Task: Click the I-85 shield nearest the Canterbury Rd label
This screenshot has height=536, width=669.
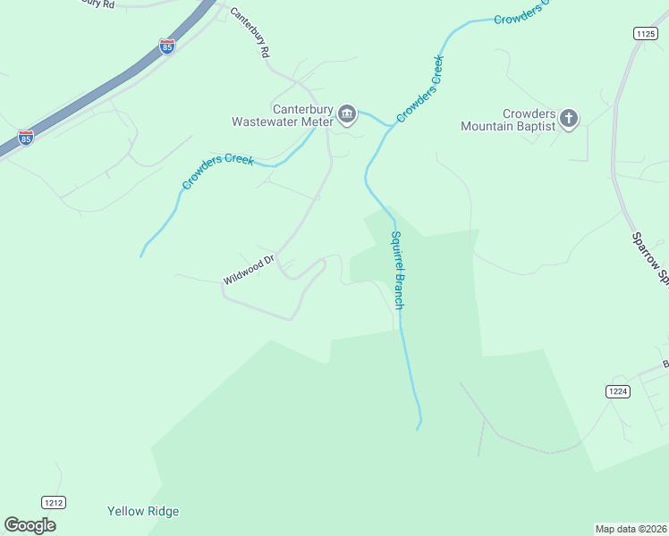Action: tap(167, 46)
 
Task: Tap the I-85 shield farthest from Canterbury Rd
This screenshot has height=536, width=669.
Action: tap(26, 138)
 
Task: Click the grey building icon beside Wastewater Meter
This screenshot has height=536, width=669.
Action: tap(347, 114)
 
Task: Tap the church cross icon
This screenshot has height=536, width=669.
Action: tap(569, 118)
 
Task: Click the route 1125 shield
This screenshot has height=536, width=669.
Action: tap(645, 33)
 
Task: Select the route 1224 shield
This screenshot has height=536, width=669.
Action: tap(617, 390)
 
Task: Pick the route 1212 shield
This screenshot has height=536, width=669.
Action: tap(53, 503)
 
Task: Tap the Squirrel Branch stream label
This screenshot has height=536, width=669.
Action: tap(398, 270)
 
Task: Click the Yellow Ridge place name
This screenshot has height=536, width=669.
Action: tap(143, 512)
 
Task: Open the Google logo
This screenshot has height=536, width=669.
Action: tap(30, 525)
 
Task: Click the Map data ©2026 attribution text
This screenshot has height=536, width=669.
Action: tap(631, 529)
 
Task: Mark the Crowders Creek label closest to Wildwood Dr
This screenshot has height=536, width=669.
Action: tap(218, 172)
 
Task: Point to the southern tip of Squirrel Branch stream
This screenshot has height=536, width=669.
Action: tap(418, 428)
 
